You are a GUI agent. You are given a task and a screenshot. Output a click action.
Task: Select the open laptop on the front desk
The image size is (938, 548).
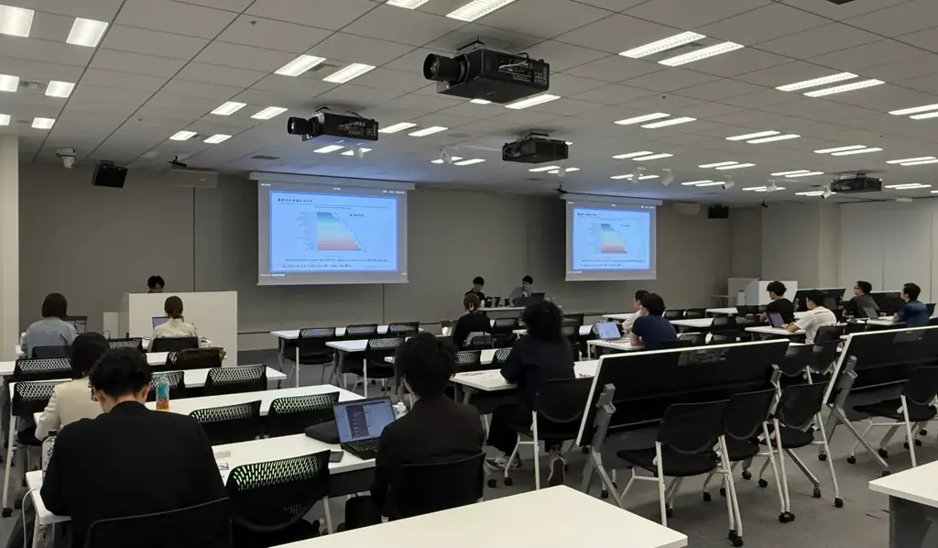(x=364, y=425)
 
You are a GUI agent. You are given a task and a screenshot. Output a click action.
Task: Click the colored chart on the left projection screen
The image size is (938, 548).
(x=338, y=232)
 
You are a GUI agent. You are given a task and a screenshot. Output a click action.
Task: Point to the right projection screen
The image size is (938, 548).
(x=610, y=239)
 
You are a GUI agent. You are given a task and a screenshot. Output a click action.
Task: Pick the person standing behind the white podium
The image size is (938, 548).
(x=156, y=284)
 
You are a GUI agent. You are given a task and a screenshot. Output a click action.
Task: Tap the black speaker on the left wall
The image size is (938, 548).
(x=109, y=175)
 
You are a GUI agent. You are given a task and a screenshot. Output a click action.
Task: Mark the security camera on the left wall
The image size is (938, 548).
(x=66, y=157)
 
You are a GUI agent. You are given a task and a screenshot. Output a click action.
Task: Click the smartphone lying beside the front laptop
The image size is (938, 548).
(x=335, y=455)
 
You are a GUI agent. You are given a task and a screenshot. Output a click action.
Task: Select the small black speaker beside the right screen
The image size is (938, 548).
(x=718, y=211)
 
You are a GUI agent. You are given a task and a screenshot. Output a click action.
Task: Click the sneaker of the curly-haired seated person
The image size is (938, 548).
(x=556, y=470)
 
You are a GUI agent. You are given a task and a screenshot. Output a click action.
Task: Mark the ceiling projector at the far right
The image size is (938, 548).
(x=856, y=184)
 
